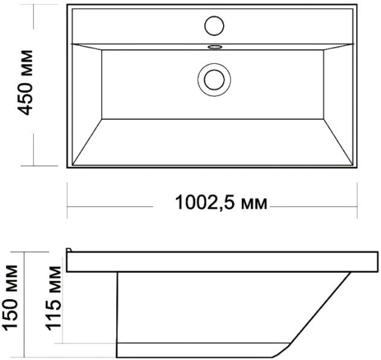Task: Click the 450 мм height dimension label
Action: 25,82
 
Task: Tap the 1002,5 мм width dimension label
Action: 221,203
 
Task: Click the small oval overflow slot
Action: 215,46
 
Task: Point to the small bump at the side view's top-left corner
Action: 69,250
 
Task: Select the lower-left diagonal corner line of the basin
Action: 87,142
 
